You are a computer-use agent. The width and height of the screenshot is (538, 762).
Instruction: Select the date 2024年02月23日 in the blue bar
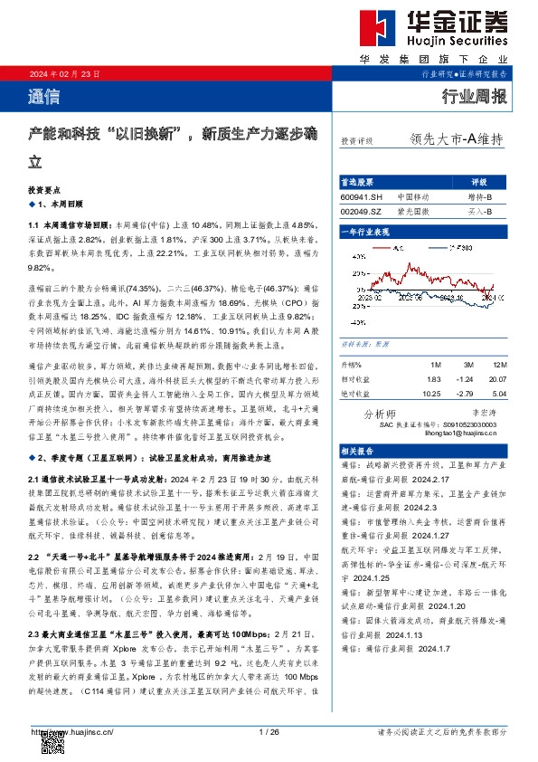click(64, 73)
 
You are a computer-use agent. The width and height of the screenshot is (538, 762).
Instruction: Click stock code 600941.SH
click(362, 196)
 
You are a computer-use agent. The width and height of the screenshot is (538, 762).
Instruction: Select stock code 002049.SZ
click(362, 210)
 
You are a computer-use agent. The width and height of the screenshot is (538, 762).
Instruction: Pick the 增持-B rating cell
click(479, 196)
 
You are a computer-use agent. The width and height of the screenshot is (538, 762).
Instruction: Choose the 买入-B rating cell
click(479, 210)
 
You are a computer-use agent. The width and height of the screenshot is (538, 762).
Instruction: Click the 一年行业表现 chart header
click(364, 232)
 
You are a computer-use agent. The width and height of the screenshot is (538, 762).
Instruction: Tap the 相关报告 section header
click(354, 450)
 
